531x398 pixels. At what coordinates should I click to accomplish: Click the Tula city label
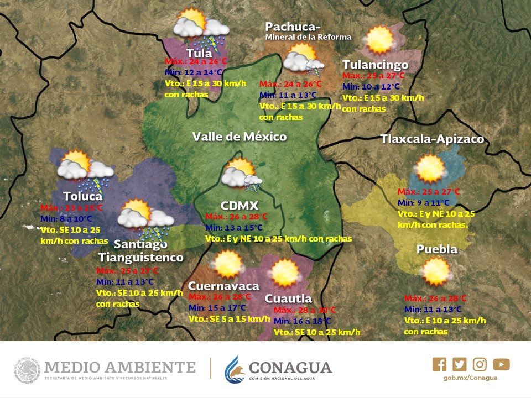[x=199, y=53]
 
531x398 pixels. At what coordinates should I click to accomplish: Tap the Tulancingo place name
[x=375, y=65]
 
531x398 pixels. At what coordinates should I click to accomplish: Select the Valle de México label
[x=240, y=137]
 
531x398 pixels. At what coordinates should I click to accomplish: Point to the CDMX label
[x=240, y=206]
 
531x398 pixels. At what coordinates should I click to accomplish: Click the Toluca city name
[x=83, y=196]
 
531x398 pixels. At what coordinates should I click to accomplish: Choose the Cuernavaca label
[x=223, y=286]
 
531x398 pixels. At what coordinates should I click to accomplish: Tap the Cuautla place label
[x=288, y=298]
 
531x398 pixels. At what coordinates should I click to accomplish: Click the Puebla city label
[x=437, y=249]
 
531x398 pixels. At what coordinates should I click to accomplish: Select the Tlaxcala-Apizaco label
[x=432, y=139]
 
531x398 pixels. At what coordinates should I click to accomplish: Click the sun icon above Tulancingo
[x=379, y=40]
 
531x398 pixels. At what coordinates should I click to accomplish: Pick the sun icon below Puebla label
[x=436, y=271]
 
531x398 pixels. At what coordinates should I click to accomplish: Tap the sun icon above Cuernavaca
[x=227, y=264]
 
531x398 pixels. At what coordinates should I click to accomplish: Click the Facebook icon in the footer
[x=440, y=364]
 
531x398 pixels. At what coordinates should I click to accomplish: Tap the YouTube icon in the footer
[x=501, y=364]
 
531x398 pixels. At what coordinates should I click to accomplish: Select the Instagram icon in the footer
[x=480, y=364]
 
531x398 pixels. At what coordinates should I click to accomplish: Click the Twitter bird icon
[x=460, y=364]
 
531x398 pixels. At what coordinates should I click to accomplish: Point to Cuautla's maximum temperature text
[x=305, y=310]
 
